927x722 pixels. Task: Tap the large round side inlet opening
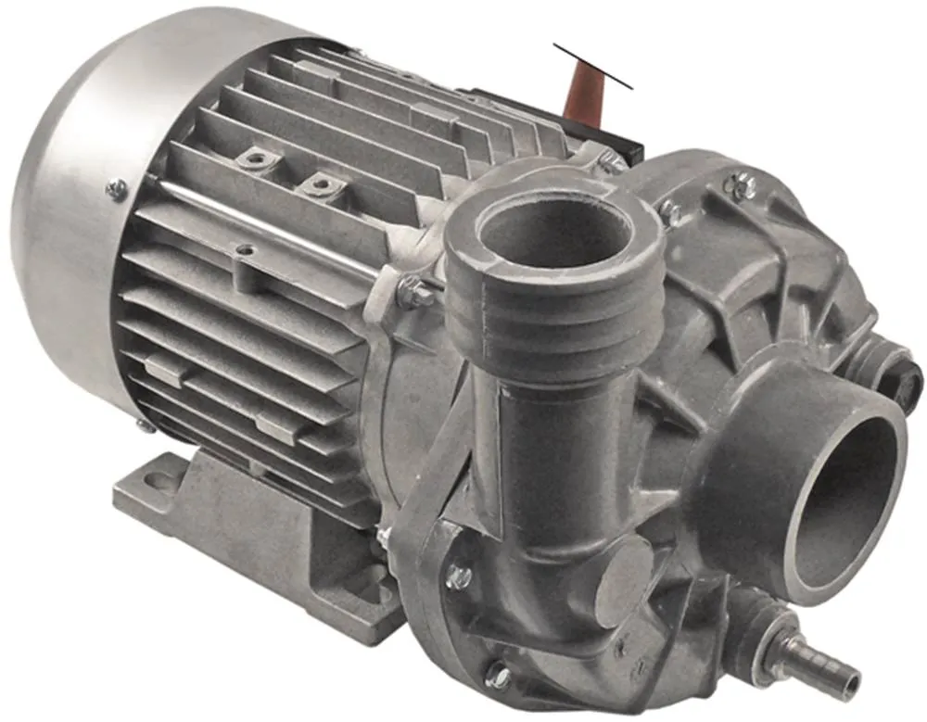[x=848, y=501]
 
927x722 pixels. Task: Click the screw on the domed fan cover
[x=116, y=191]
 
